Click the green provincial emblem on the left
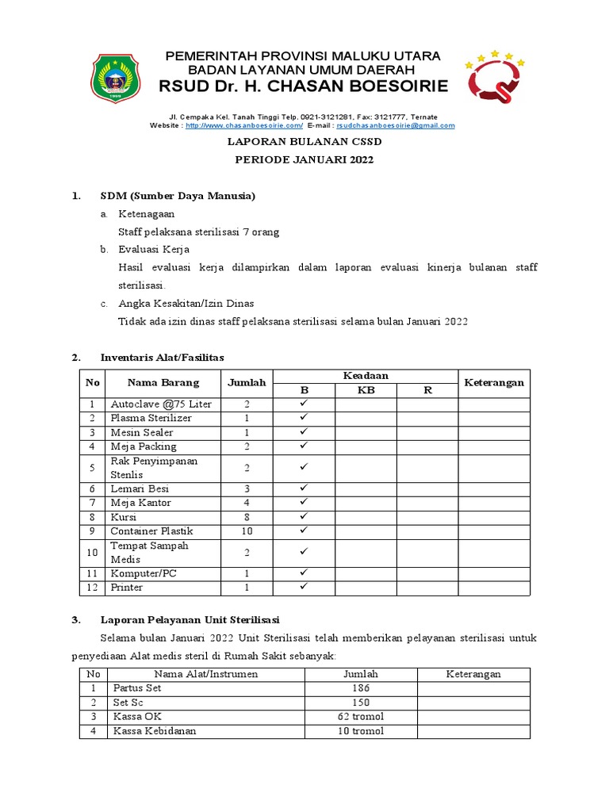[118, 78]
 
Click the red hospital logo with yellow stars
[494, 79]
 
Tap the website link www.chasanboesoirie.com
[244, 125]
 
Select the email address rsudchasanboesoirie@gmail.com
[396, 125]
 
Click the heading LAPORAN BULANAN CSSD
[304, 142]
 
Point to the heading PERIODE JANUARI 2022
[304, 159]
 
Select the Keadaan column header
[366, 375]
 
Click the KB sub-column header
[366, 390]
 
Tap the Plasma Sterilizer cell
[151, 418]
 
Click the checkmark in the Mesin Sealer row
[303, 432]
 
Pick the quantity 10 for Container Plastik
[247, 531]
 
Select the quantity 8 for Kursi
[247, 517]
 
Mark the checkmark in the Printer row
[303, 588]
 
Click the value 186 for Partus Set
[360, 688]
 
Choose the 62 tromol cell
[360, 717]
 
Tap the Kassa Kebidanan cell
[155, 731]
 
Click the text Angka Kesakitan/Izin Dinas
[186, 303]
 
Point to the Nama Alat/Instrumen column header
[186, 674]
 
